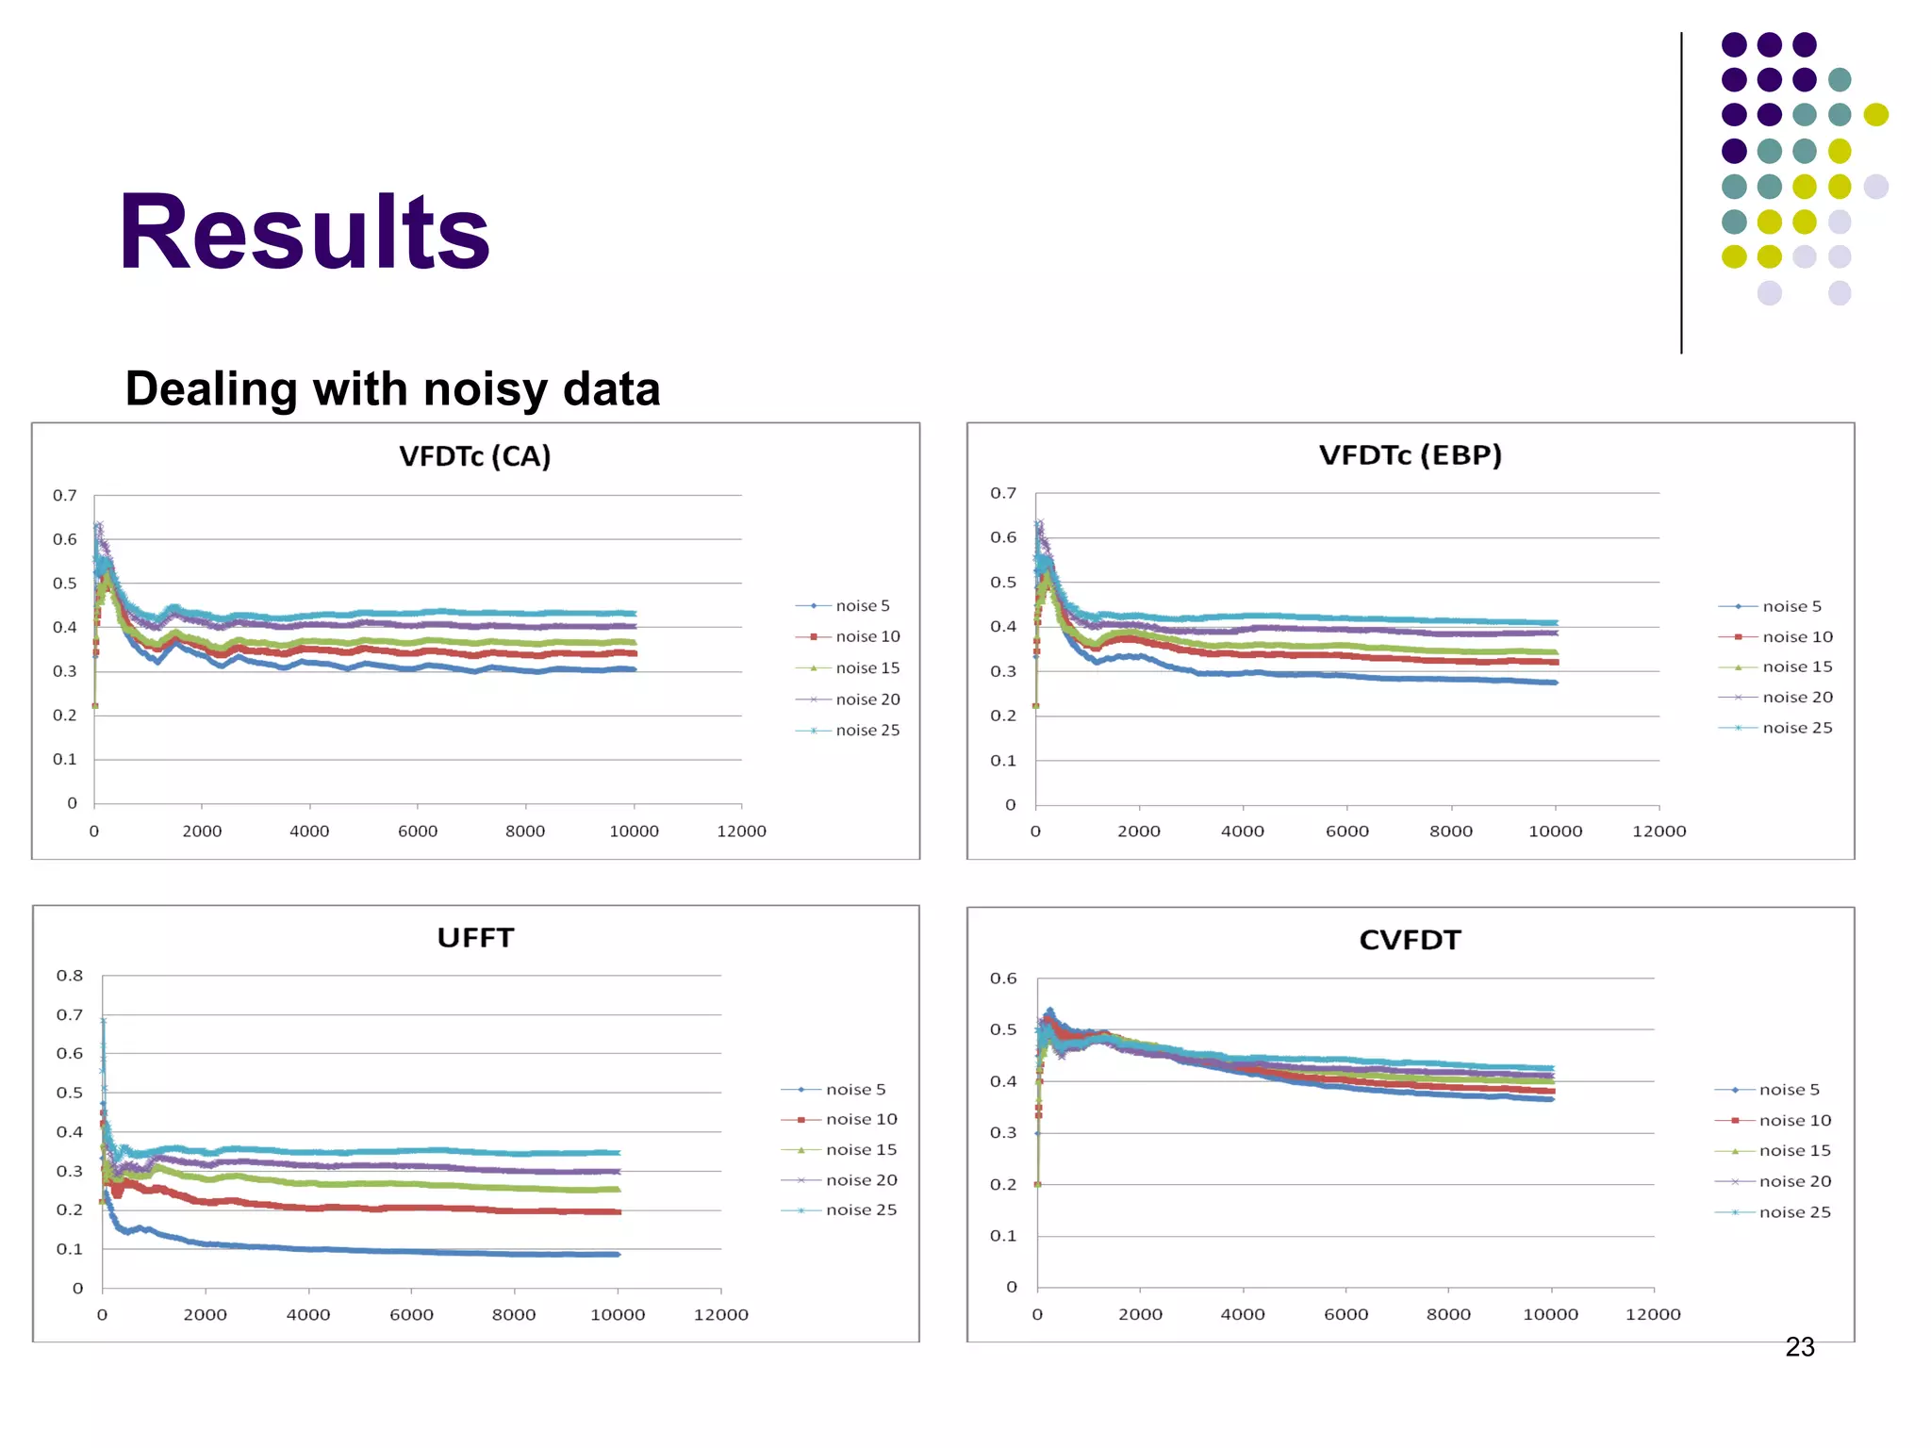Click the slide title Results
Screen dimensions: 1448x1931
click(304, 232)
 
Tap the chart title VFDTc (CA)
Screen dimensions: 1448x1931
click(474, 456)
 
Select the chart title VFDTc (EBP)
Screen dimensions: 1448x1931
click(1410, 455)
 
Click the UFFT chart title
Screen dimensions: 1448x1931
click(475, 938)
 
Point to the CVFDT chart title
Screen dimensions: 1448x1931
click(1410, 940)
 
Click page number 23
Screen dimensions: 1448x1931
click(1799, 1347)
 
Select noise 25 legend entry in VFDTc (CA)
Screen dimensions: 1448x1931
click(866, 731)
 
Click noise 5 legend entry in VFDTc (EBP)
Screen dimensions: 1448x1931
click(1791, 606)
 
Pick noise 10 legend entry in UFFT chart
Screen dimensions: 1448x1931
click(861, 1119)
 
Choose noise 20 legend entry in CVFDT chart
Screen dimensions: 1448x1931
click(1794, 1181)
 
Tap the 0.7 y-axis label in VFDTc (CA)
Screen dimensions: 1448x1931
click(64, 496)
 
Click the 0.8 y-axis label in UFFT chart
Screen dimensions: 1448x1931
click(69, 976)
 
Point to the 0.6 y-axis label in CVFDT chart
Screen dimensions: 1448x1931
click(1003, 979)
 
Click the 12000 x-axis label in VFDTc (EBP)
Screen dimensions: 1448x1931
click(1659, 831)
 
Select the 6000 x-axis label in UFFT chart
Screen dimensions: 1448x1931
click(411, 1315)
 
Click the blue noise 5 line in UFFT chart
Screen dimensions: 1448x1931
click(377, 1250)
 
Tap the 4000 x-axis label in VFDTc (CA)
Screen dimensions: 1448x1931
click(309, 831)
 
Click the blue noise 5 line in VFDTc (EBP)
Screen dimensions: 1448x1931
click(1320, 675)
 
